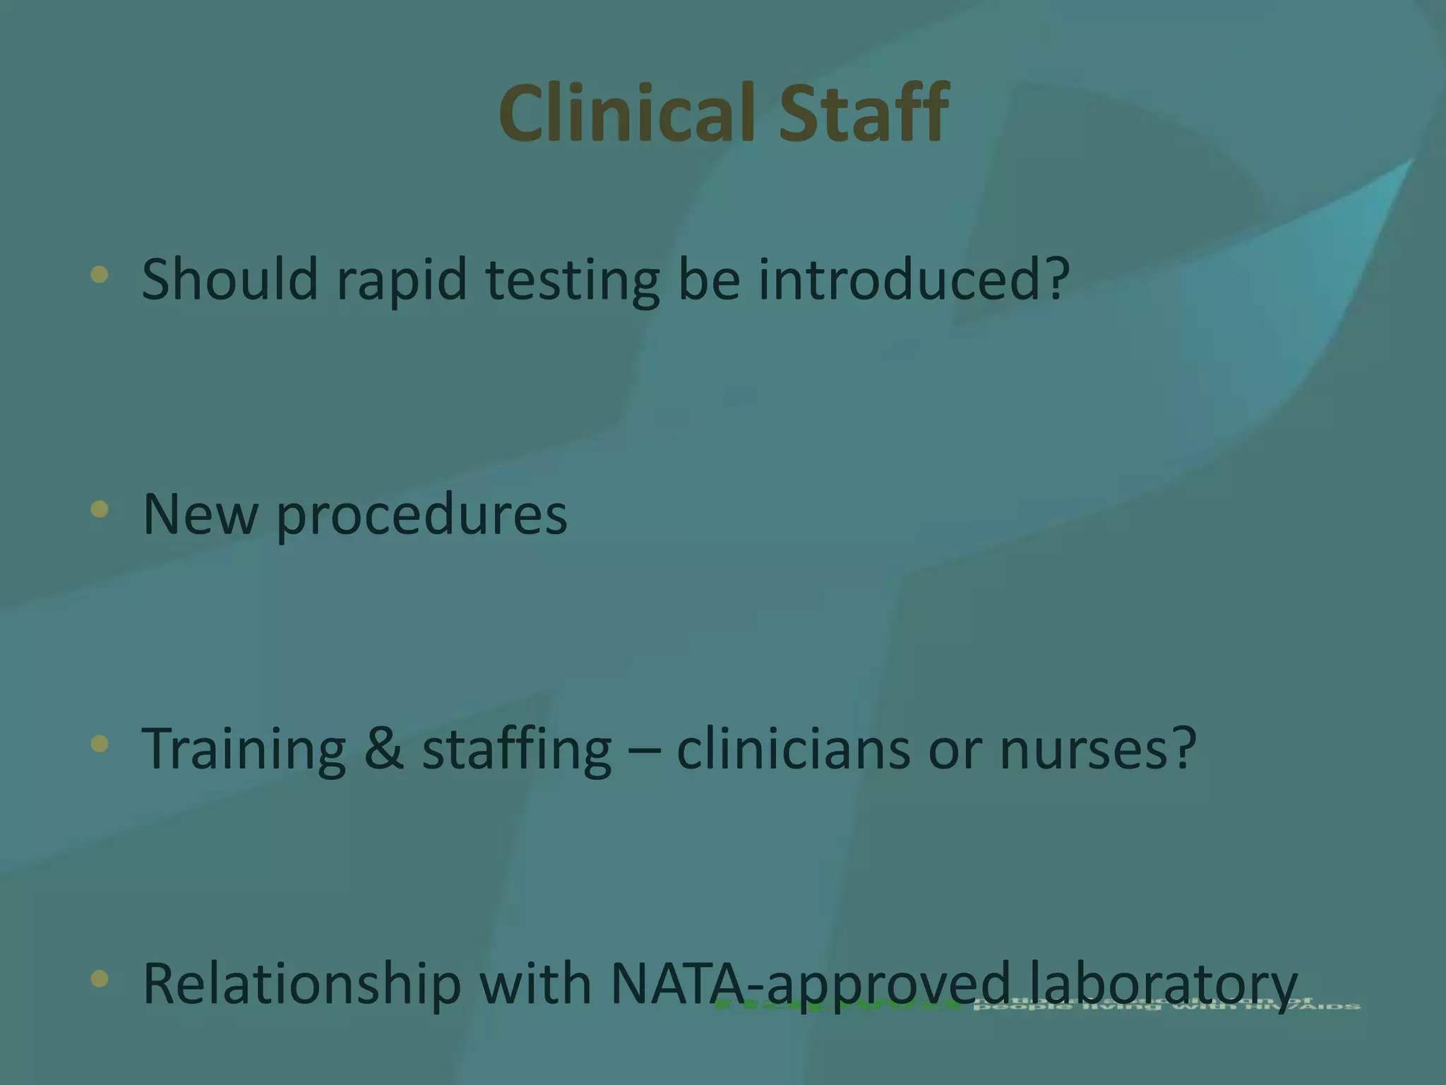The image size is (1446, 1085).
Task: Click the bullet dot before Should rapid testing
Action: pos(100,275)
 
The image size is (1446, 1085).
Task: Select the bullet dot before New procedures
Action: pos(100,509)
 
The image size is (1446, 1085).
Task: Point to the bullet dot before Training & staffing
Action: pos(100,744)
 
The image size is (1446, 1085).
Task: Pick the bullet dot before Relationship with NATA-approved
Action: pos(100,978)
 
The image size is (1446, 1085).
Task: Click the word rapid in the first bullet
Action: pos(402,280)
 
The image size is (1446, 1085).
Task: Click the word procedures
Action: pos(422,515)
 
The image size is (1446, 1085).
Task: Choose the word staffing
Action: pos(517,749)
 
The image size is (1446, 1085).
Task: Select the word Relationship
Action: pos(301,984)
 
